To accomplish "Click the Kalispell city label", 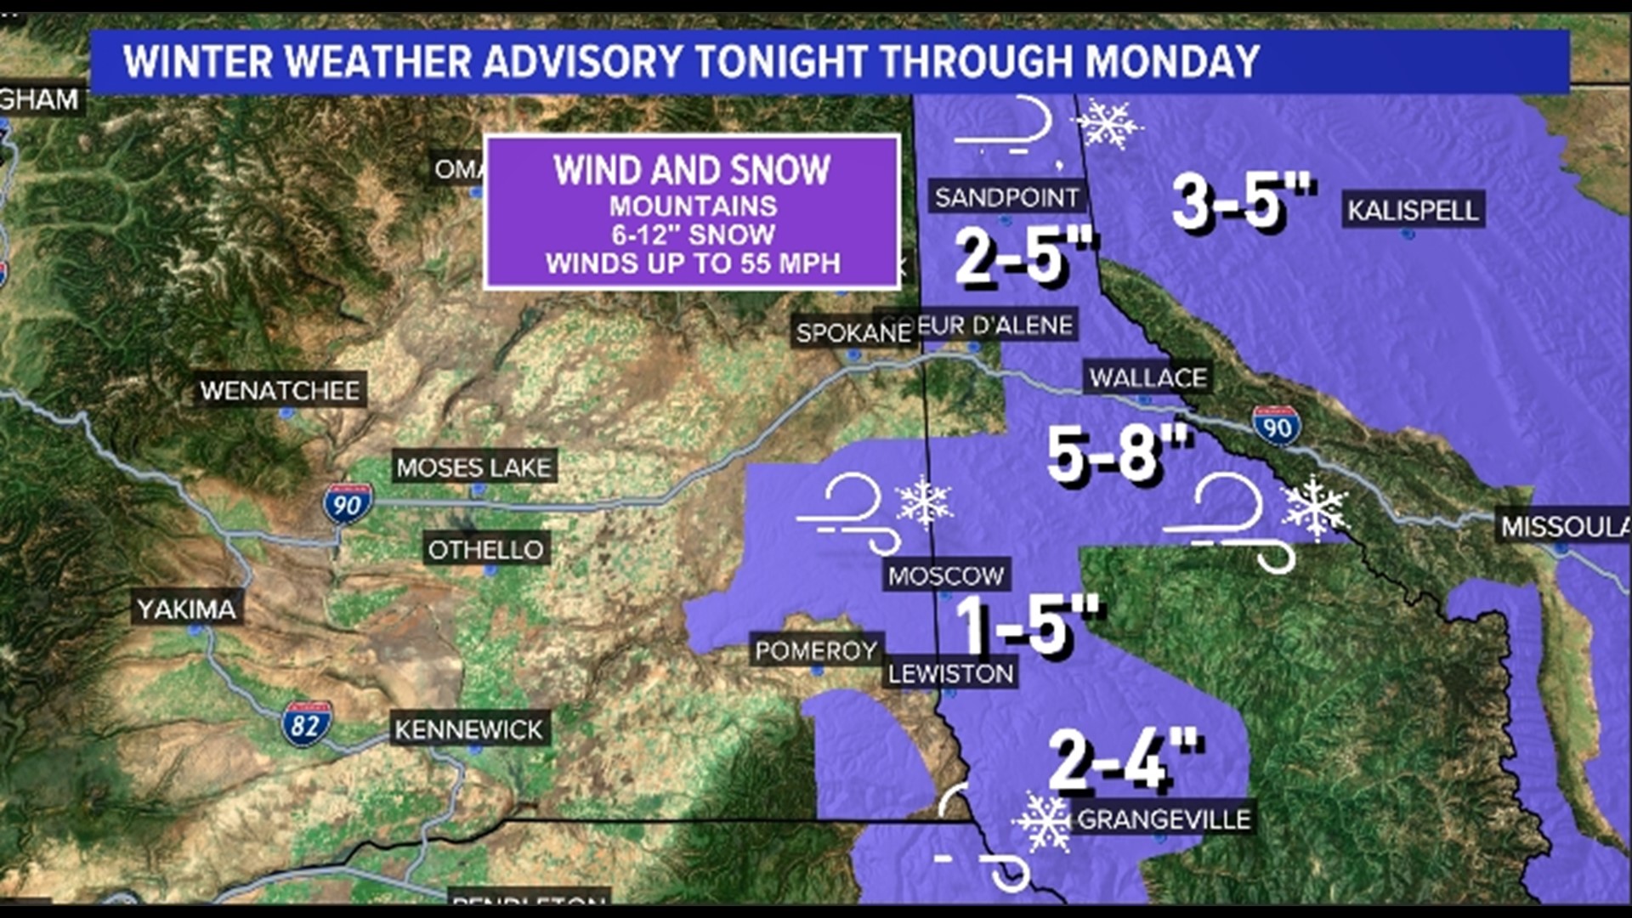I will [1413, 209].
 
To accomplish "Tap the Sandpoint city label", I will [1006, 197].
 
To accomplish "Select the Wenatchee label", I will [280, 390].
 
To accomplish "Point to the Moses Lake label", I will [473, 467].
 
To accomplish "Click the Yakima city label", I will [187, 609].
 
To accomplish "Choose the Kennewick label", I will [468, 729].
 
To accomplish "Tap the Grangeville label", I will [1164, 819].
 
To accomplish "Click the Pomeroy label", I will [816, 651].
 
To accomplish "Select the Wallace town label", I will [1147, 377].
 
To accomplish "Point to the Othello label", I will [485, 550].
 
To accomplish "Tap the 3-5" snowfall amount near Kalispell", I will [1243, 201].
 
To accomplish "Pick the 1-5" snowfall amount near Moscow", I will [1027, 624].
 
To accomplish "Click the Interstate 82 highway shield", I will [306, 724].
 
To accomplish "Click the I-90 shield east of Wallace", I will [1276, 426].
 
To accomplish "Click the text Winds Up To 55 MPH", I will [693, 263].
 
